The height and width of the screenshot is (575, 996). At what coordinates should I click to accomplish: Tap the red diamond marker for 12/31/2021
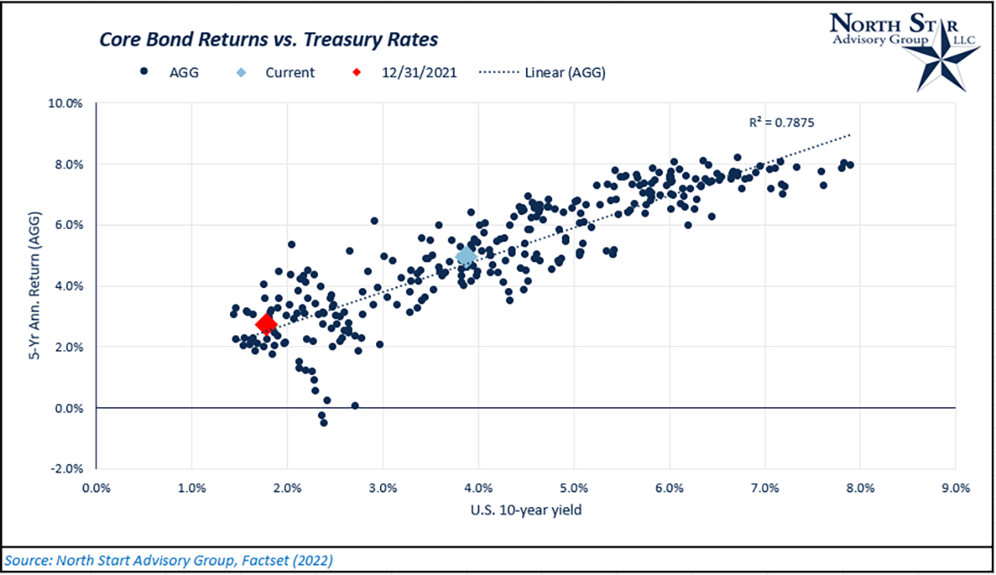pos(266,324)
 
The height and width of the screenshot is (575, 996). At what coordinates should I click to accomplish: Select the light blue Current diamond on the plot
pos(466,256)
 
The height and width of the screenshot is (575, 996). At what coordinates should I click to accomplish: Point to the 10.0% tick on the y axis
pos(70,104)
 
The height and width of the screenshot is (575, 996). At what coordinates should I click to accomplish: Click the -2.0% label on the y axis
pos(71,469)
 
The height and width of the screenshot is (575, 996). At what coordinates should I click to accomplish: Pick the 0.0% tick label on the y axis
pos(71,408)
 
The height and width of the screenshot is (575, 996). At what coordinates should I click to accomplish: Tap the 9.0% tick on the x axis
pos(954,488)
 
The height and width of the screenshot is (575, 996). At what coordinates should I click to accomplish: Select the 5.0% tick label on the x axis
pos(574,488)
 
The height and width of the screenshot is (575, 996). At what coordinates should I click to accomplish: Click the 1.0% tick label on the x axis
pos(192,488)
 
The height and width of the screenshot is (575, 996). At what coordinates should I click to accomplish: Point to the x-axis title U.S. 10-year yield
pos(525,510)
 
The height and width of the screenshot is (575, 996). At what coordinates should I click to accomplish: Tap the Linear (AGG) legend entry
pos(544,72)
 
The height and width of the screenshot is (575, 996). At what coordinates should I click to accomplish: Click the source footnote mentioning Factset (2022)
pos(169,560)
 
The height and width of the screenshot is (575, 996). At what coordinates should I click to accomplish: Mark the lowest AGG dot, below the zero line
pos(324,422)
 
